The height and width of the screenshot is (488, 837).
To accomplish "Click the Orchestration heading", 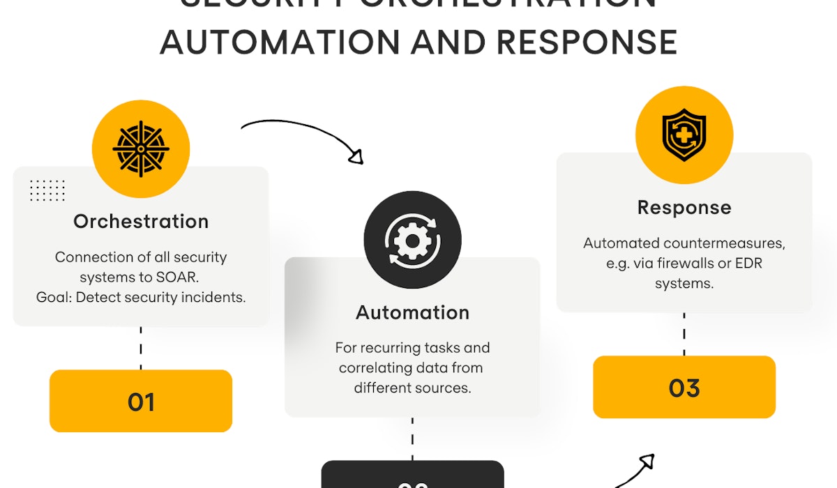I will pos(141,222).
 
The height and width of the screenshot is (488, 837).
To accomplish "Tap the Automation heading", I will pos(412,312).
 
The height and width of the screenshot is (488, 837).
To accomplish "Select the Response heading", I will pos(684,208).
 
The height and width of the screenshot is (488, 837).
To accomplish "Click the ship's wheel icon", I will pos(141,148).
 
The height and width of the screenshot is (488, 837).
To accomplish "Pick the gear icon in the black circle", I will pos(412,240).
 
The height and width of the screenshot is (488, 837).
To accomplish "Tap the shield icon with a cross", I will pos(684,135).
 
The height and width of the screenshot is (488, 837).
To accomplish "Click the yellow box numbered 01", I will pos(141,401).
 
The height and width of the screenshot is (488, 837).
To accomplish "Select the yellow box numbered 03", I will pos(684,387).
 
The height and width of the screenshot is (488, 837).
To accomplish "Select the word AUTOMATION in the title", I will pos(279,43).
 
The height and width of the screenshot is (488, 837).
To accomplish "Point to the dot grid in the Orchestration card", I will pos(47,190).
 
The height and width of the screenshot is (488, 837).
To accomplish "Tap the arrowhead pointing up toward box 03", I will pos(647,462).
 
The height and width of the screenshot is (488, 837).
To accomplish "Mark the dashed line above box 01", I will pos(141,347).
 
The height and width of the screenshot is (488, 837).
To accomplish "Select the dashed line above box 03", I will pos(684,334).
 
